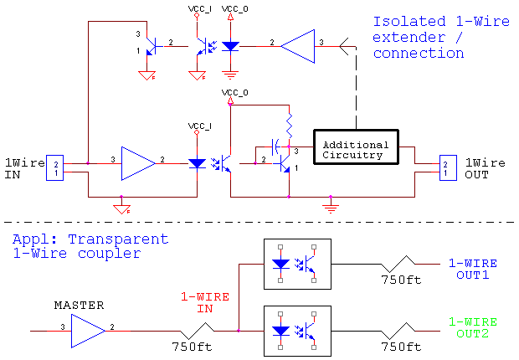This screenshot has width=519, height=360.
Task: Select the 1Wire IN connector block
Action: (54, 166)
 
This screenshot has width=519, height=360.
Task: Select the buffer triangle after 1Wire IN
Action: (137, 162)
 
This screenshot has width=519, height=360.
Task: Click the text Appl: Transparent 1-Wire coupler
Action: (90, 246)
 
